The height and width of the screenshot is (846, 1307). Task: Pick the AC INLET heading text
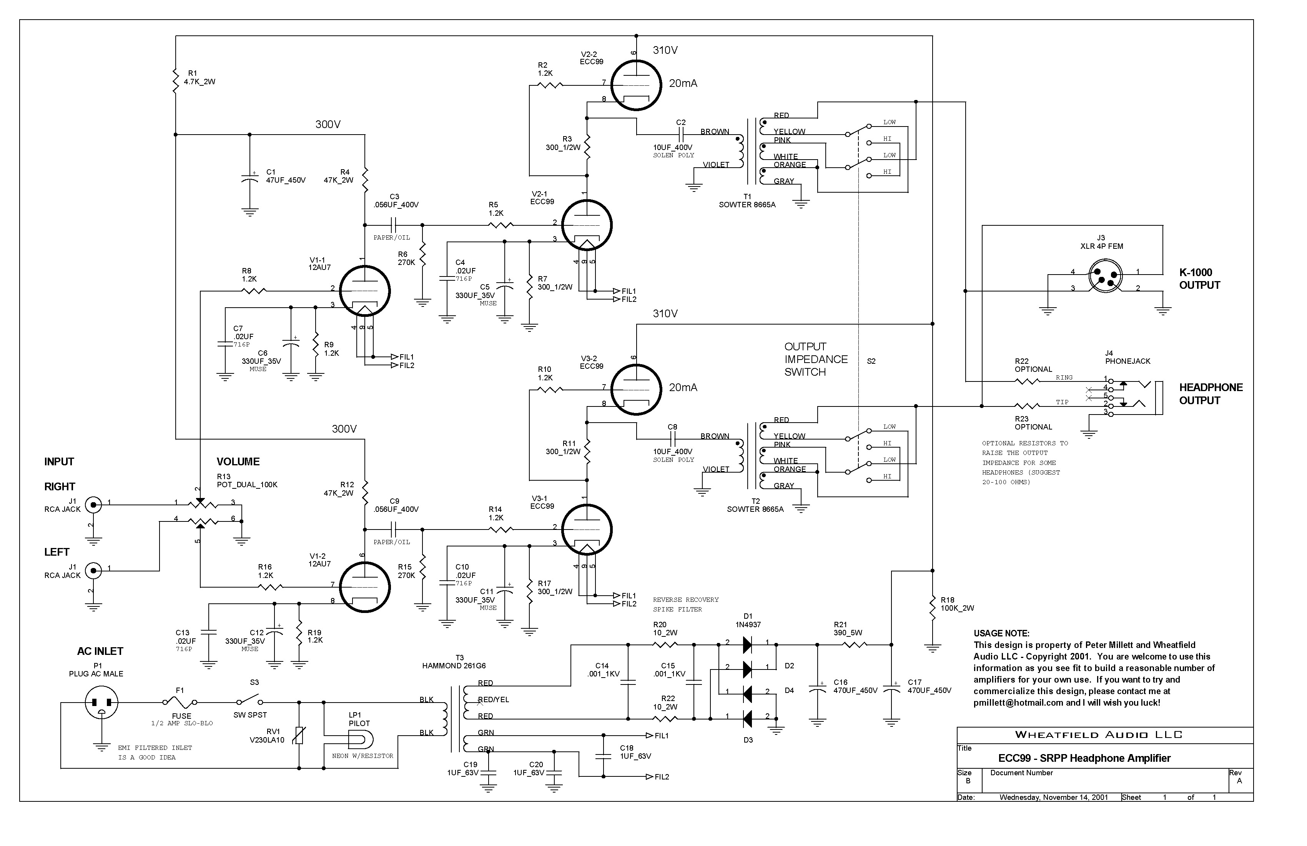[100, 651]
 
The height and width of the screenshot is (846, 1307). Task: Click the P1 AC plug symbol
[101, 703]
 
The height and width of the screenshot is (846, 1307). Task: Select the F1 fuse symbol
[180, 702]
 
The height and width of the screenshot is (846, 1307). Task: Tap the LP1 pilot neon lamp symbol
[363, 739]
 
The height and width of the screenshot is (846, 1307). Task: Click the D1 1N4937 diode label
[748, 620]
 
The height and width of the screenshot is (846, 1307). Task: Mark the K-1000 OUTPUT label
[1199, 278]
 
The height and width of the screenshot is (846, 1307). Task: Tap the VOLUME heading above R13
[238, 461]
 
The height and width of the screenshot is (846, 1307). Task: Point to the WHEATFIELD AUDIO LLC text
[1098, 735]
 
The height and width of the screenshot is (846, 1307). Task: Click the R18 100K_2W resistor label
[957, 604]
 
